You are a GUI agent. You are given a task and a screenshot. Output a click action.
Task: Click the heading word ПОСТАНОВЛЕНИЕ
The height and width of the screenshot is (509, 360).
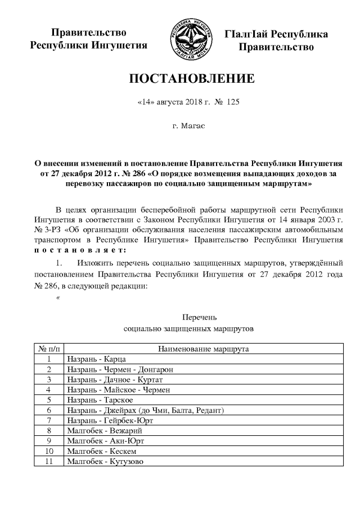click(x=188, y=79)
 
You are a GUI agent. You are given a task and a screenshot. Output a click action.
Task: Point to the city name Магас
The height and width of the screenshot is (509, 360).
click(x=188, y=127)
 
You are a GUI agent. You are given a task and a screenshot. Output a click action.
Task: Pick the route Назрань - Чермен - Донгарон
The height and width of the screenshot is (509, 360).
click(x=119, y=369)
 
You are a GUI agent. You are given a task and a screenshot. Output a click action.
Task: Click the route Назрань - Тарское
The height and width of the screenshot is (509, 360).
click(x=99, y=400)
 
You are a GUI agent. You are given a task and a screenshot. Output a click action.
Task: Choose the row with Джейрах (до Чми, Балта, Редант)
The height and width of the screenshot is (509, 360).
click(x=146, y=410)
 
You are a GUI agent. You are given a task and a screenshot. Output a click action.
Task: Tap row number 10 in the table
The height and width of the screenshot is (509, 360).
click(x=49, y=451)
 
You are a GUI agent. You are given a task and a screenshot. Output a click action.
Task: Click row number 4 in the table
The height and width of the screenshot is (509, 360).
click(x=49, y=389)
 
